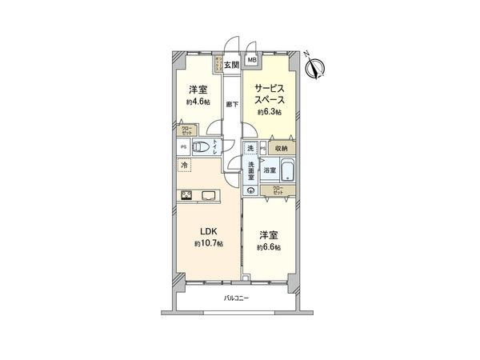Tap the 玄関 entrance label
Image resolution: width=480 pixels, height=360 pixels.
[231, 63]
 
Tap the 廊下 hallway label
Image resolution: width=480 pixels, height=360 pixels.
[231, 104]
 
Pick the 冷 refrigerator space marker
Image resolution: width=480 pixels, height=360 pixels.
[186, 166]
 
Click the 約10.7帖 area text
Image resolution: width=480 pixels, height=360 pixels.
[208, 242]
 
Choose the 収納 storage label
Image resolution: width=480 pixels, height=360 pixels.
[282, 148]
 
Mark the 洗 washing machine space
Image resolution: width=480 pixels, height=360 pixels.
[251, 149]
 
